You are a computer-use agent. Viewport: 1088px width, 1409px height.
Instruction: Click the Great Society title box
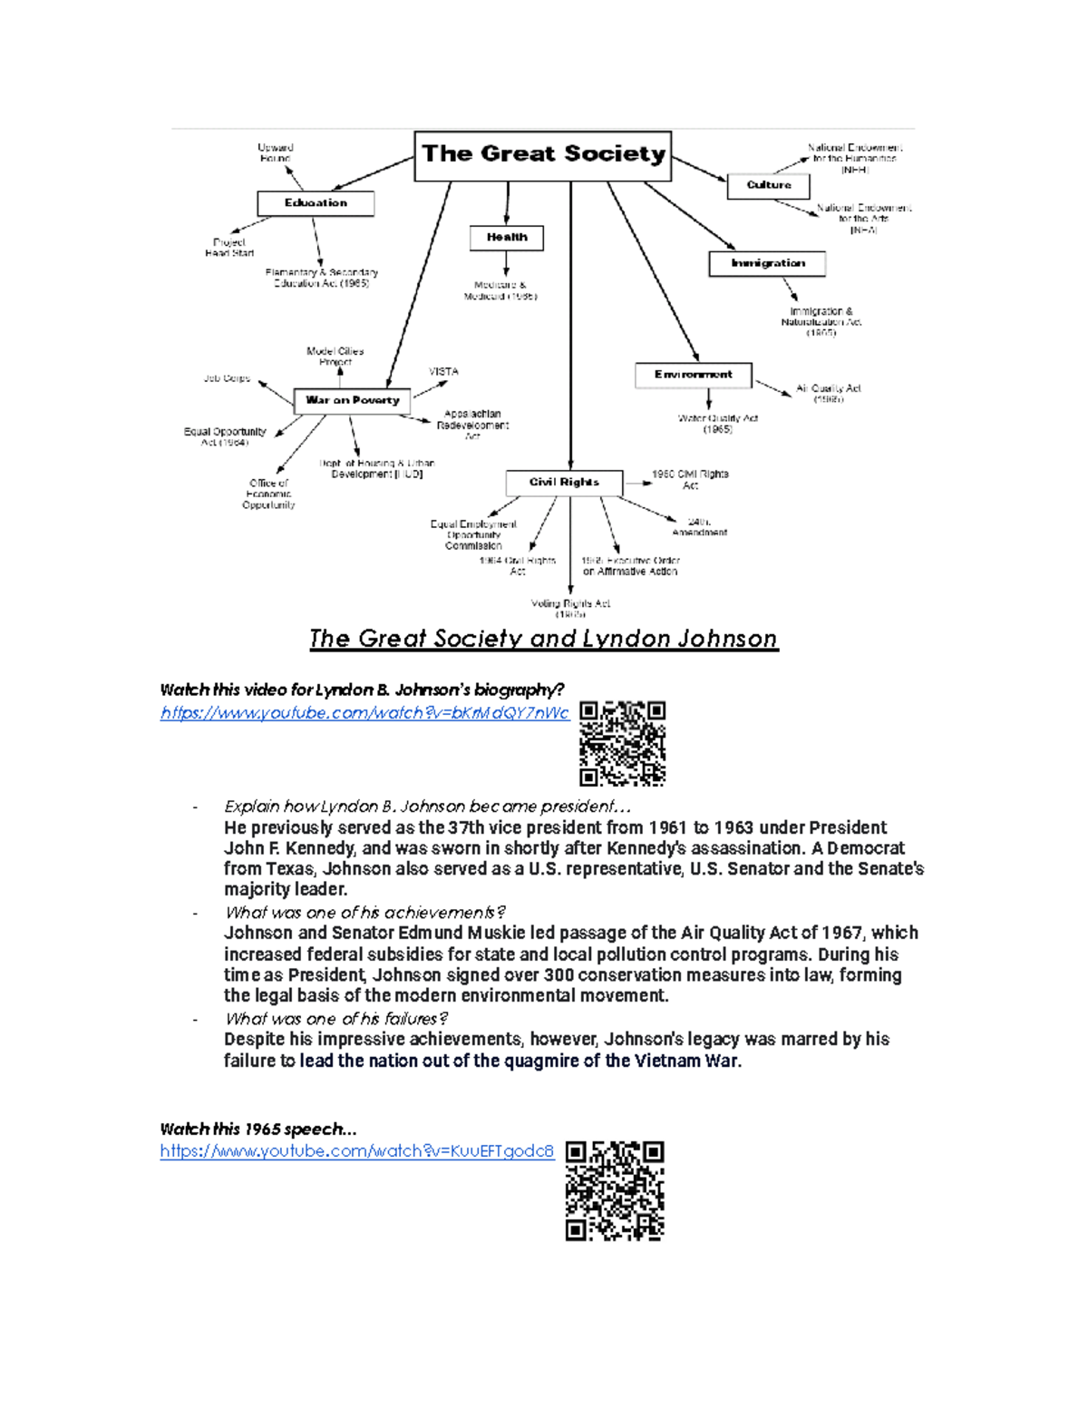pos(543,155)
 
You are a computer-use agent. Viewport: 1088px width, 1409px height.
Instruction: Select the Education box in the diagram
pos(316,203)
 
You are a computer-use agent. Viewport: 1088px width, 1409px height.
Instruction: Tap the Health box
pos(507,238)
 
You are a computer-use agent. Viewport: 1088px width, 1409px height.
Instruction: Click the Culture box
pos(769,185)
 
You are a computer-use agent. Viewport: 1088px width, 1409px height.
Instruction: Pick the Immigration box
pos(767,263)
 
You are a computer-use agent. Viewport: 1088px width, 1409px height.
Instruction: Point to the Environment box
pos(694,375)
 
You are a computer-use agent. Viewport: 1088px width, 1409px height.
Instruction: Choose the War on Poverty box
pos(352,400)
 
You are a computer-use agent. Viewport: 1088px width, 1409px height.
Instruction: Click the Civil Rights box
pos(564,483)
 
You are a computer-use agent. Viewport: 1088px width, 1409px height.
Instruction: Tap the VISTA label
pos(443,372)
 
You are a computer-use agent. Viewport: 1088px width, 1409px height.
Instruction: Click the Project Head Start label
pos(229,248)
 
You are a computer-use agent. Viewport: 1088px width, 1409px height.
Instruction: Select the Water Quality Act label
pos(717,424)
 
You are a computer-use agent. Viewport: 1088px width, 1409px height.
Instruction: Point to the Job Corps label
pos(227,378)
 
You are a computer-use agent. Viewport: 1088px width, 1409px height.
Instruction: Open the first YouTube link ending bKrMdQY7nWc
pos(364,713)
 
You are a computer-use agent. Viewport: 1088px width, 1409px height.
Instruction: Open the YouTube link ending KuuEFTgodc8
pos(356,1151)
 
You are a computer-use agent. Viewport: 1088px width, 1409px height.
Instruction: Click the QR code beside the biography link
pos(622,743)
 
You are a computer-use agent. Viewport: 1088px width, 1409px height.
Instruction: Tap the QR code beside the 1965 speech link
pos(615,1190)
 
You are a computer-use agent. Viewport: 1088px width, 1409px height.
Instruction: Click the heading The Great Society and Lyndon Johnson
pos(543,639)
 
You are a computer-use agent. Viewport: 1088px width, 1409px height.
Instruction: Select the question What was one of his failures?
pos(336,1019)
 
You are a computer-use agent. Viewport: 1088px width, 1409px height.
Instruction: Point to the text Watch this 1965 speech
pos(257,1130)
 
